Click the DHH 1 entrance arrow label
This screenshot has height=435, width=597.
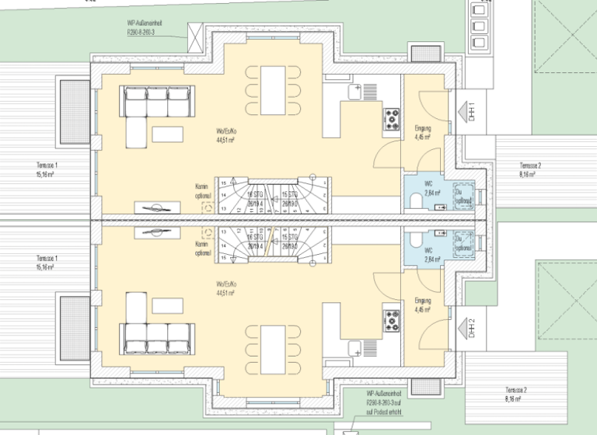tap(471, 113)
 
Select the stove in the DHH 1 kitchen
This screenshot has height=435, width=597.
tap(390, 118)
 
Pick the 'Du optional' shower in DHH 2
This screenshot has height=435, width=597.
tap(463, 242)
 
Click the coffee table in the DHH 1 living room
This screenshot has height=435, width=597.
tap(167, 134)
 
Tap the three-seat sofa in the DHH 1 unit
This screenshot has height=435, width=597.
tap(157, 100)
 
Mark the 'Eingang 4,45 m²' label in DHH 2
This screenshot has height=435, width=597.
tap(423, 303)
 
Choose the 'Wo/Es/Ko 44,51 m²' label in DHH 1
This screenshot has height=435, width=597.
tap(226, 137)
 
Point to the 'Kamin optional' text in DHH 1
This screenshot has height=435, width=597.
tap(202, 190)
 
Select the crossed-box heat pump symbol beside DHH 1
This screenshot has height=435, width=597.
tap(194, 31)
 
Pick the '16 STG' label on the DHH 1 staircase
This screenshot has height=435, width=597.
tap(254, 193)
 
